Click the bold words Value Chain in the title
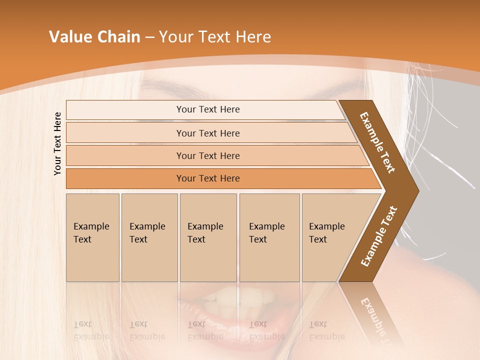click(x=94, y=37)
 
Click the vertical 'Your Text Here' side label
click(x=57, y=143)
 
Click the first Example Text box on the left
click(x=92, y=237)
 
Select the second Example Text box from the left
click(x=149, y=237)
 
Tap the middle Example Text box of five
click(x=208, y=237)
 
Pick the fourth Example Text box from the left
click(x=269, y=237)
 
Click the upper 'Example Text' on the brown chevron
click(x=377, y=142)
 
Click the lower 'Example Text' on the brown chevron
click(x=379, y=236)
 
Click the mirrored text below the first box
click(x=91, y=330)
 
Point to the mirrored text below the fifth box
click(x=326, y=330)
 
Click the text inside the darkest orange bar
click(x=208, y=178)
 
